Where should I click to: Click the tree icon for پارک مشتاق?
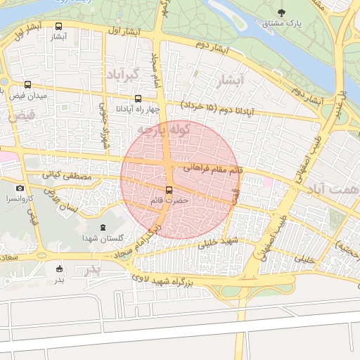282,13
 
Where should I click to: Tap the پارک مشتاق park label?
282,24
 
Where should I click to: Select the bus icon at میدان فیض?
27,84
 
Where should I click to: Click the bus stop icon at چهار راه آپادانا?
138,99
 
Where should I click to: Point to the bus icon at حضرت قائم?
169,191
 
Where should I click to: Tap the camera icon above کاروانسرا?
20,188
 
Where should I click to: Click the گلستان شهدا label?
103,240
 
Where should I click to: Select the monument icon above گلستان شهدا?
104,228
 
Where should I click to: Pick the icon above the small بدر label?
59,269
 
